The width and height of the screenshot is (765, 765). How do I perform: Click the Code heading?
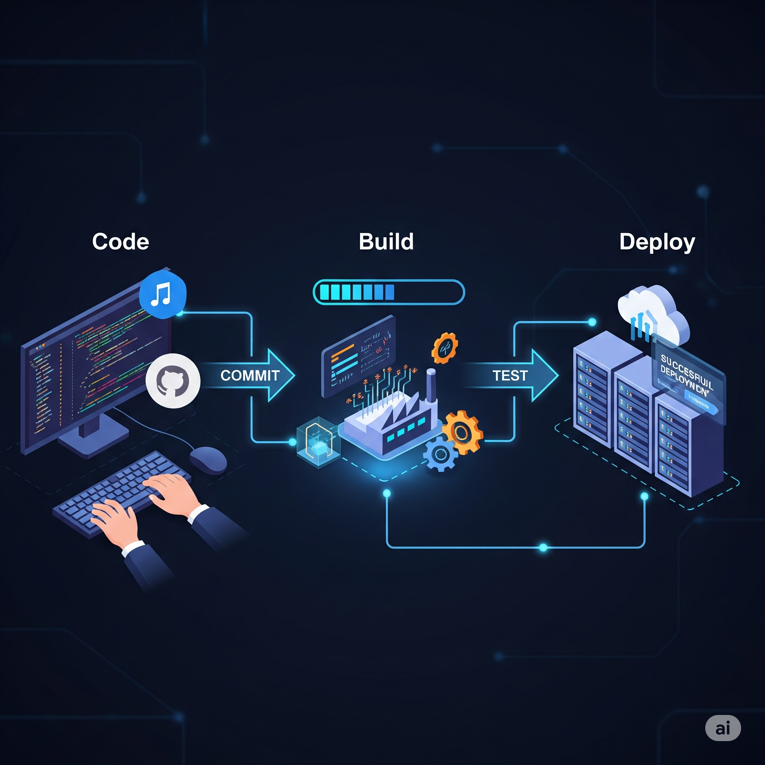(x=120, y=242)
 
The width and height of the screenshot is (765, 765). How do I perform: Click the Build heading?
(x=386, y=242)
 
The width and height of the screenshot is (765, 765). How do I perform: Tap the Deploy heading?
(x=657, y=242)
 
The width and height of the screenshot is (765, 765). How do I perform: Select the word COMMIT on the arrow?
(x=250, y=375)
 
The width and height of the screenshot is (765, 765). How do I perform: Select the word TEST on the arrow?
(x=510, y=375)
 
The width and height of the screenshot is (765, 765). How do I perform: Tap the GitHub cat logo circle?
(x=173, y=381)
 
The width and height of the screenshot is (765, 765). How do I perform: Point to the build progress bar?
(x=388, y=292)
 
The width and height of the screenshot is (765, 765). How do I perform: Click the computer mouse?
(x=208, y=460)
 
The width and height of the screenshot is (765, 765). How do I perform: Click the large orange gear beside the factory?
(x=462, y=433)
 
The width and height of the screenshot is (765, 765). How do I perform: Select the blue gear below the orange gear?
(x=440, y=454)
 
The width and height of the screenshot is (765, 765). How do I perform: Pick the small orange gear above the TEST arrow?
(x=444, y=348)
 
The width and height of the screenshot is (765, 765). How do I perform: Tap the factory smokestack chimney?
(x=431, y=386)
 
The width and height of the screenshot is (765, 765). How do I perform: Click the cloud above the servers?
(x=653, y=313)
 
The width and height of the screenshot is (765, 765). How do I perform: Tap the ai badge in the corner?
(x=723, y=728)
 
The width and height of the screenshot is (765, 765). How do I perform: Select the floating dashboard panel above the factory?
(x=358, y=356)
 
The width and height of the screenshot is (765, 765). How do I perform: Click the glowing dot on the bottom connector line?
(x=543, y=547)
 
